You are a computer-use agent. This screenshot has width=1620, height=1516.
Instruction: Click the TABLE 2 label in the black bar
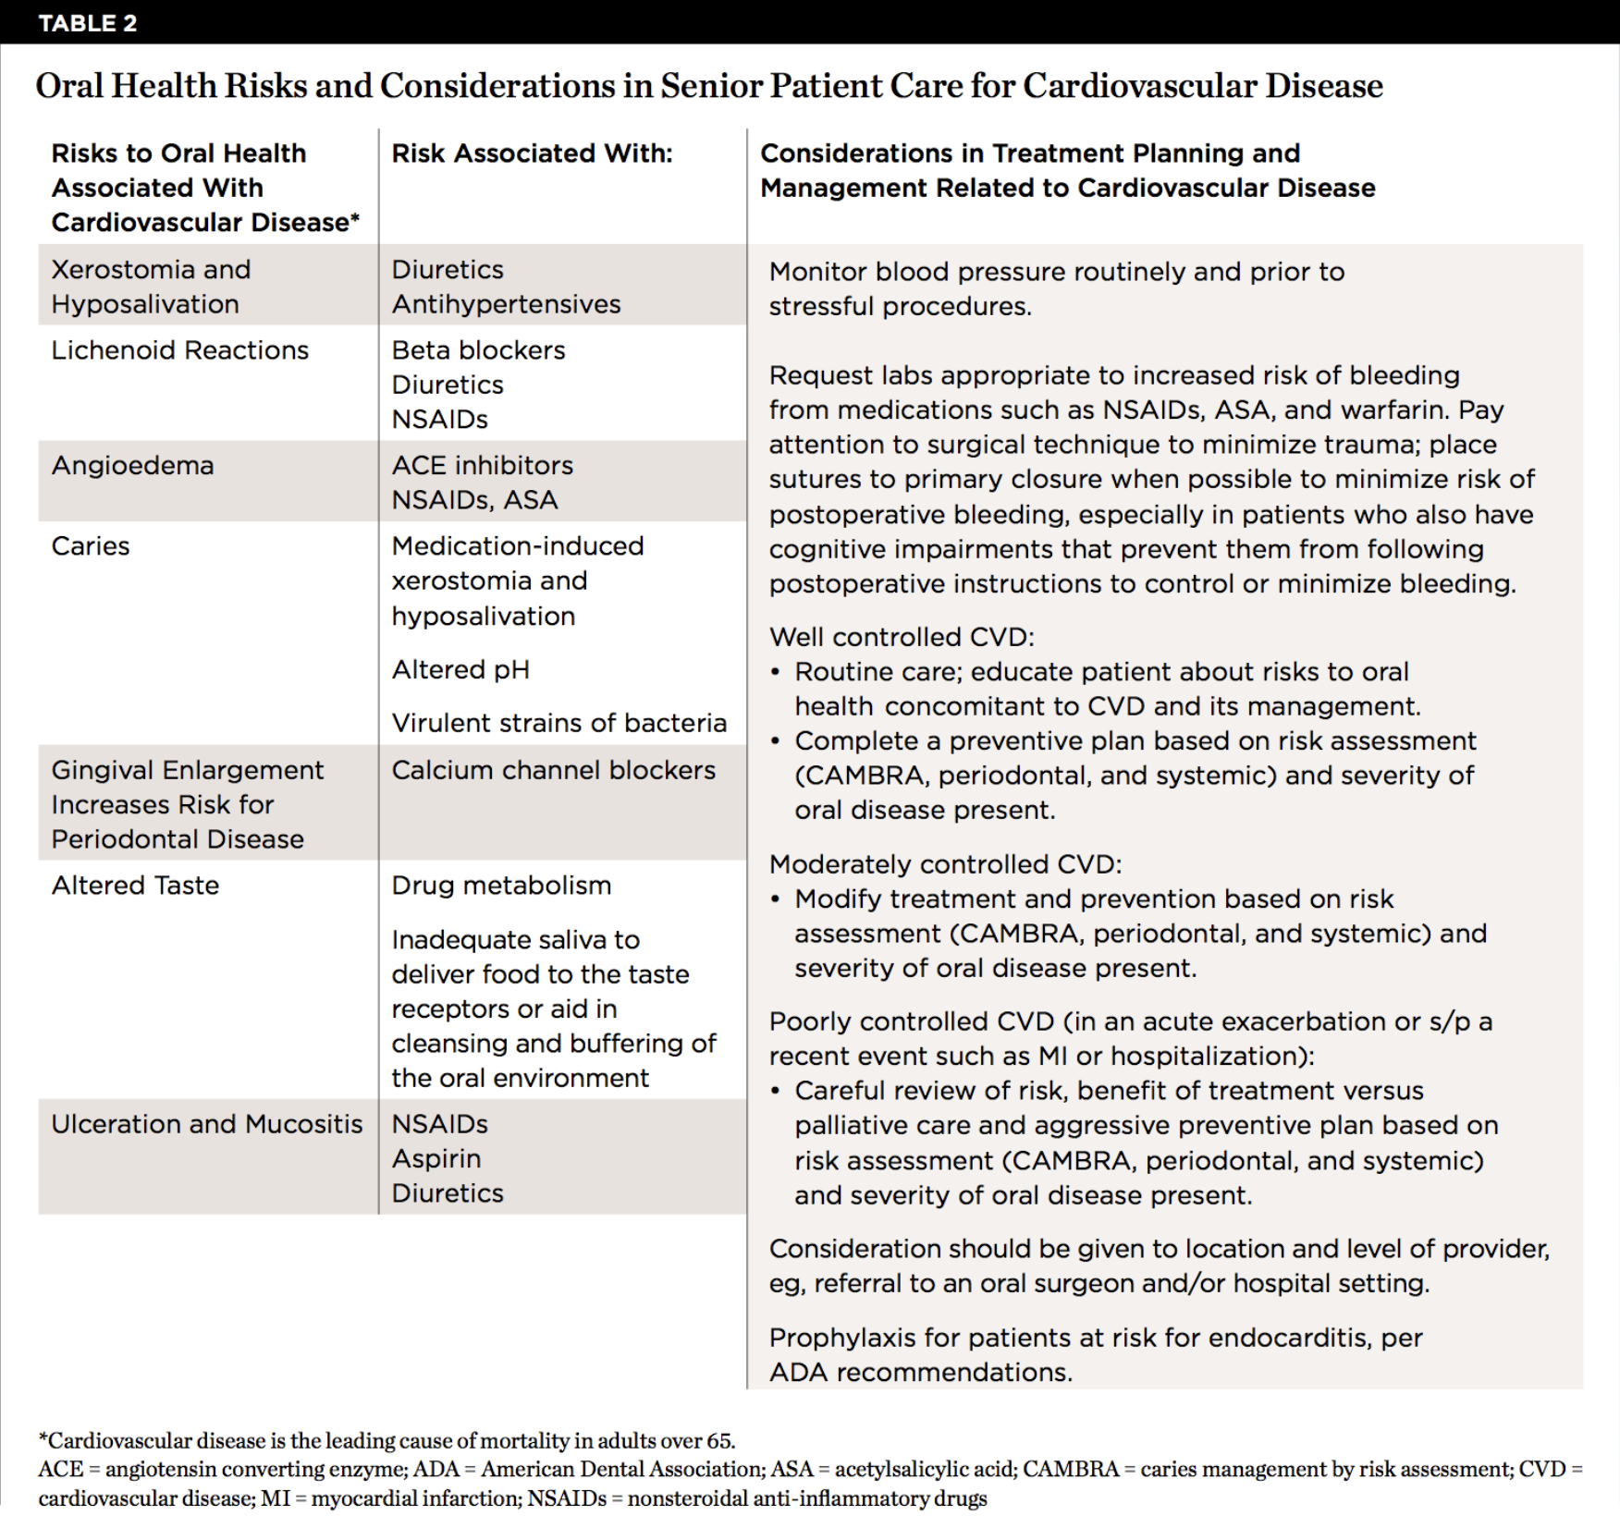coord(88,23)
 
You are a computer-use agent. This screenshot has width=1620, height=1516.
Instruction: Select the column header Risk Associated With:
coord(532,153)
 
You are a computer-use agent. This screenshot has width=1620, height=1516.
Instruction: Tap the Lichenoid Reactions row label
coord(179,350)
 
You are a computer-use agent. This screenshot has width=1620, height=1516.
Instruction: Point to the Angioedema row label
coord(132,465)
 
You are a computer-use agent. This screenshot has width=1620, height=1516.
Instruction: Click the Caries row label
coord(91,546)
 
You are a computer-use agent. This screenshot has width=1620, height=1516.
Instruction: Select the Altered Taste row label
coord(135,886)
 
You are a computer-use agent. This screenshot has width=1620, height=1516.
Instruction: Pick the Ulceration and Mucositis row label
coord(206,1124)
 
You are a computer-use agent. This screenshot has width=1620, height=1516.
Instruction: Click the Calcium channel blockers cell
coord(553,770)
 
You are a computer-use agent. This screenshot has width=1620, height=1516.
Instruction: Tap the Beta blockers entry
coord(478,350)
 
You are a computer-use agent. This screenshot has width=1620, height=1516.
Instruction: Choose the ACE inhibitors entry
coord(482,465)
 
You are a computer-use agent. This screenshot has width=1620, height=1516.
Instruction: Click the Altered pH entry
coord(460,669)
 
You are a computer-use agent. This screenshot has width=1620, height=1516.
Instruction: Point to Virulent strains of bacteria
coord(558,723)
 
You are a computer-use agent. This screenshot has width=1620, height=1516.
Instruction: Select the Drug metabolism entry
coord(501,886)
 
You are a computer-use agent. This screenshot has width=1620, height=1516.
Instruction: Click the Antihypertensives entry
coord(506,304)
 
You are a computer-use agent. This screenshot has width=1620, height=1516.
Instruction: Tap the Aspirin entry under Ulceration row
coord(436,1159)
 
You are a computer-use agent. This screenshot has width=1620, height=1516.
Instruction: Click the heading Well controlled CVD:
coord(902,637)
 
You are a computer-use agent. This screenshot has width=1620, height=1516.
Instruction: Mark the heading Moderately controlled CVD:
coord(945,864)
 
